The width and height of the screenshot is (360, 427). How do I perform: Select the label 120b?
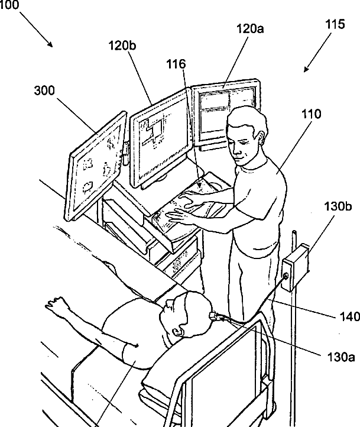pos(123,46)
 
